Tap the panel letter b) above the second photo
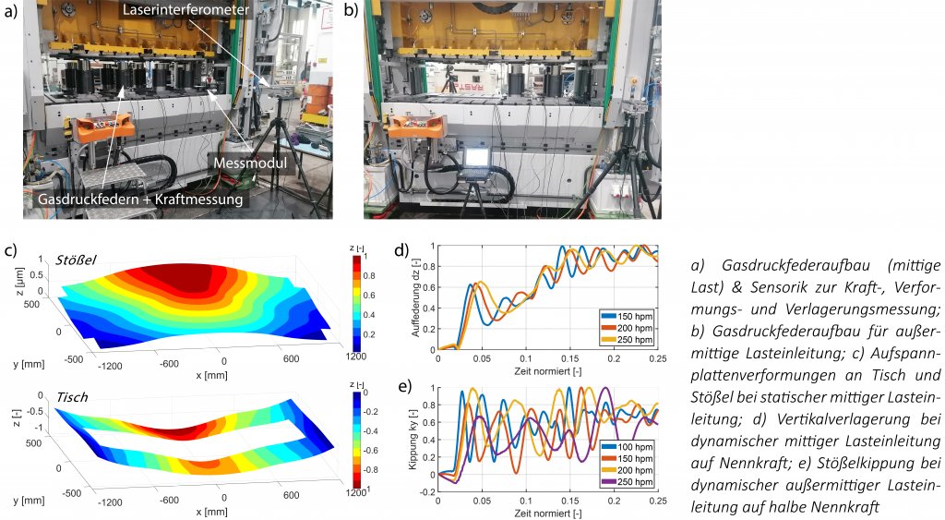(351, 11)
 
